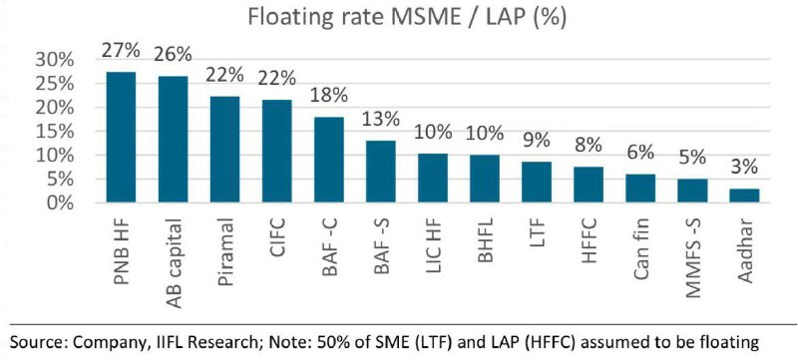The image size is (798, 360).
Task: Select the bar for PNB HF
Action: [x=121, y=138]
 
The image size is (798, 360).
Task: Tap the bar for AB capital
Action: [x=173, y=140]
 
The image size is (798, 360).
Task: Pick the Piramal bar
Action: [x=225, y=150]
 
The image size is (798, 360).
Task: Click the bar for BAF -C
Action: [x=329, y=160]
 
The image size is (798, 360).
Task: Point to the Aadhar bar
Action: [x=744, y=195]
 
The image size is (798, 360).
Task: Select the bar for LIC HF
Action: [x=433, y=178]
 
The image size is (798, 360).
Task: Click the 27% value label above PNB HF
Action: [x=121, y=51]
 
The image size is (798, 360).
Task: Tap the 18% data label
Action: [x=329, y=96]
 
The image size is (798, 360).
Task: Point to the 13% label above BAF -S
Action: [x=380, y=120]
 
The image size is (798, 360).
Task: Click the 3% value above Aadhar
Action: [x=743, y=168]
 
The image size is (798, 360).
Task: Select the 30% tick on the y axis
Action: [x=55, y=60]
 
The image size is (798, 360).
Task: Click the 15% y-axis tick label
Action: [x=55, y=132]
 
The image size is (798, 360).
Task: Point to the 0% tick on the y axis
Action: [x=60, y=203]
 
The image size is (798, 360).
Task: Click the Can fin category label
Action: [x=640, y=247]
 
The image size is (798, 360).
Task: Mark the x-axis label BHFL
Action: [x=485, y=239]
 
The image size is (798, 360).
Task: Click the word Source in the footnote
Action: [x=37, y=342]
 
